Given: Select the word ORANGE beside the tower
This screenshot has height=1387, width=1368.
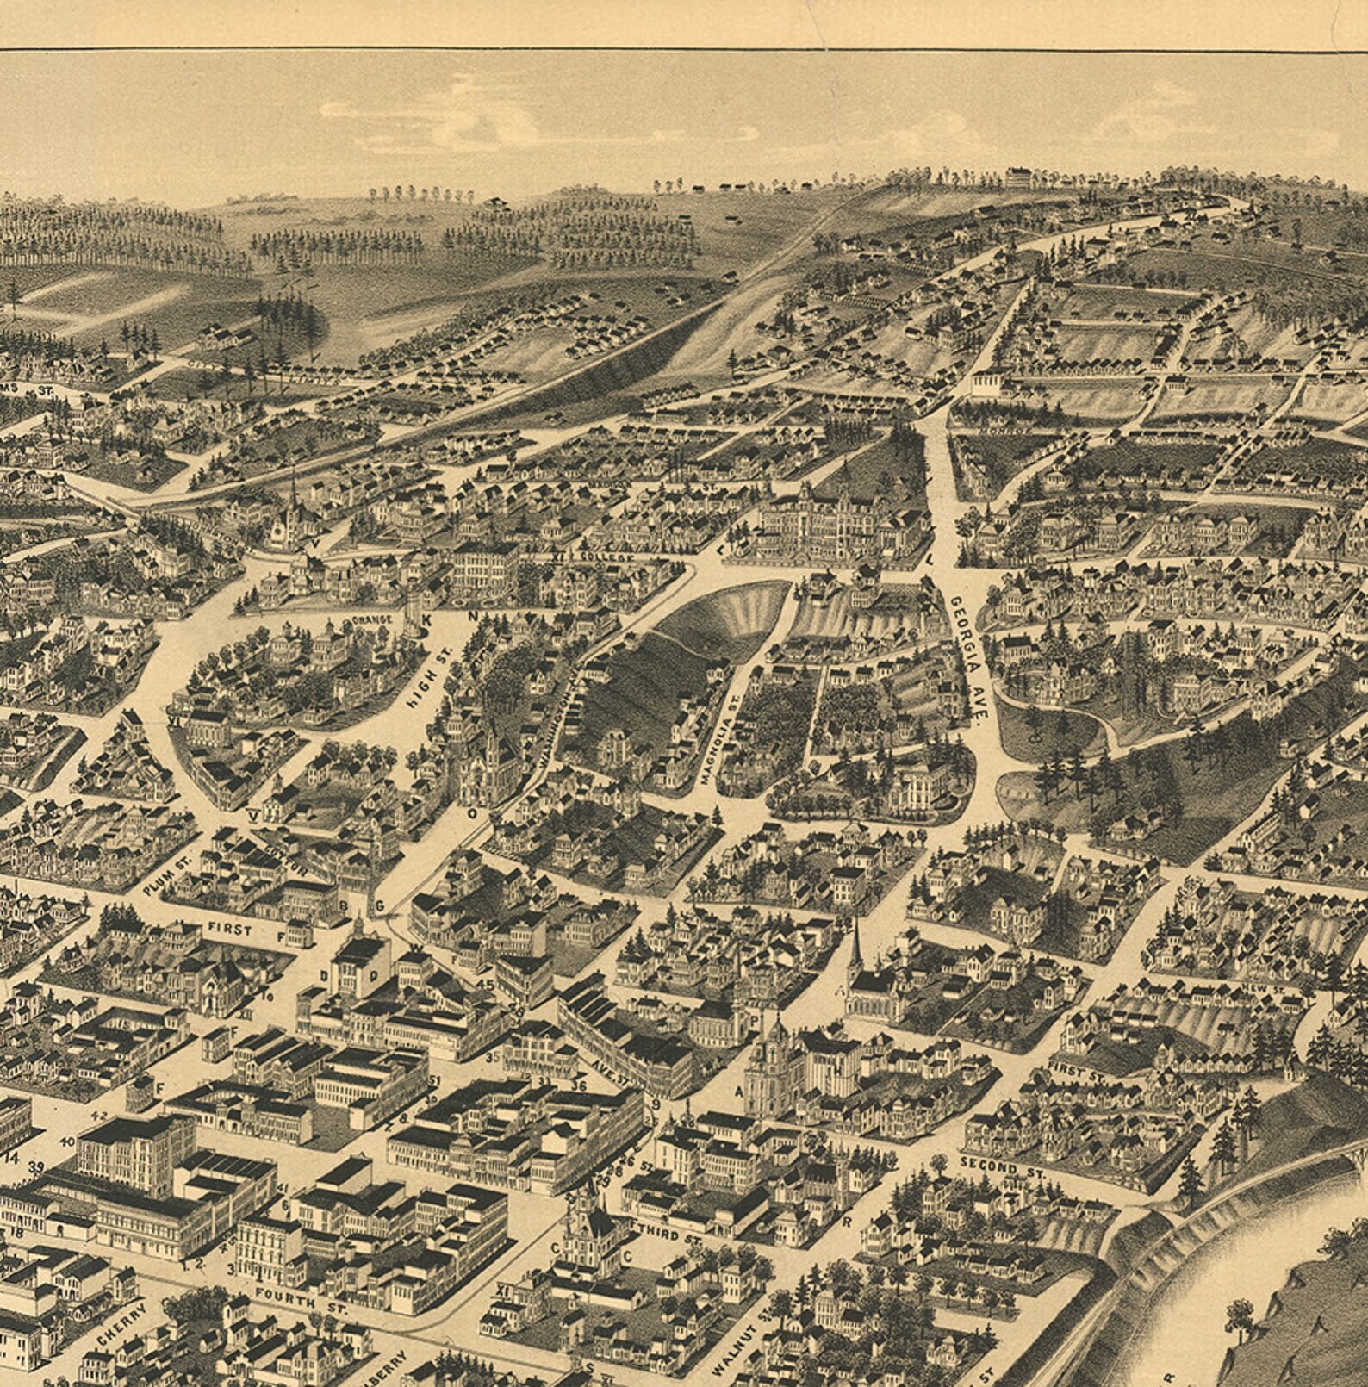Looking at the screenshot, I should [372, 619].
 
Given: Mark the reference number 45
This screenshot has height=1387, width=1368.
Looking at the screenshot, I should [485, 984].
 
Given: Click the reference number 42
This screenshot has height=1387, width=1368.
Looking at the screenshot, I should [99, 1116].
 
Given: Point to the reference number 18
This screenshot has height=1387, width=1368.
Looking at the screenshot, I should [16, 1234].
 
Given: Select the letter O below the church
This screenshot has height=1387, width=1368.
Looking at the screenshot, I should [471, 812].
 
